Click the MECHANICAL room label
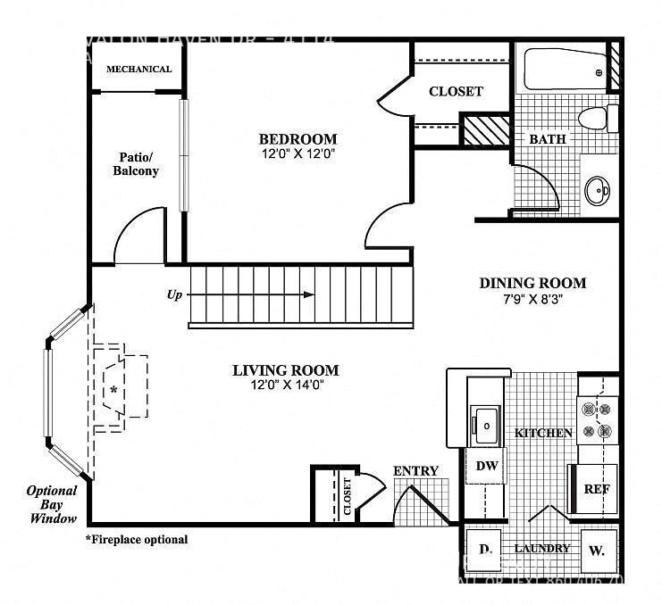coord(138,69)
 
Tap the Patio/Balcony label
coord(136,163)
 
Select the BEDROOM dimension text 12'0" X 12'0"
coord(297,153)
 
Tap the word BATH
coord(547,140)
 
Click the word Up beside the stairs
coord(174,294)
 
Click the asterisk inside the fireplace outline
coord(114,391)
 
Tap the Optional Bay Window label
coord(51,504)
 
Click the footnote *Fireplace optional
coord(137,539)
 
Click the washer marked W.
coord(597,551)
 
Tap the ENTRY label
coord(415,471)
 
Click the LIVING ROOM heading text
coord(285,370)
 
